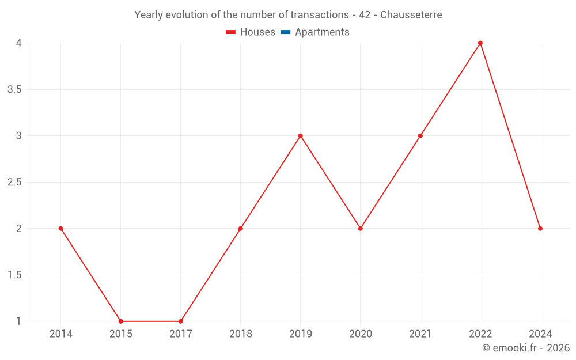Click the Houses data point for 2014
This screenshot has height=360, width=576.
(x=60, y=229)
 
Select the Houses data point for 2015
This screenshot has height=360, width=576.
(x=120, y=321)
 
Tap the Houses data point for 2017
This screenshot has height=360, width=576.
(x=180, y=321)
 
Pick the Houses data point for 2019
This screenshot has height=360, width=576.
(x=300, y=136)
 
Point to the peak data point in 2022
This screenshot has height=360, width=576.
(x=480, y=43)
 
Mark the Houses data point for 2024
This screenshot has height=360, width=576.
(x=540, y=229)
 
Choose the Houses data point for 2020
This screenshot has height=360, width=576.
(x=360, y=229)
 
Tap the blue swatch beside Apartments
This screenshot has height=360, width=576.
(x=285, y=32)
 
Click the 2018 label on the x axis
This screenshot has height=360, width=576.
(x=240, y=334)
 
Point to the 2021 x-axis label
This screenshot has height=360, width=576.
(x=420, y=334)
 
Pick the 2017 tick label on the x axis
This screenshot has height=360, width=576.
(x=180, y=334)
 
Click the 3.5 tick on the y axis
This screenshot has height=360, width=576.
(x=15, y=90)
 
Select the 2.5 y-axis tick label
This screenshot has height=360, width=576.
(x=15, y=183)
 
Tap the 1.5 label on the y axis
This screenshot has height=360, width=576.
(x=15, y=275)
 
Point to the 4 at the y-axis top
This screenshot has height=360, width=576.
(x=19, y=43)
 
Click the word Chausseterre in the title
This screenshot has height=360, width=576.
(x=411, y=15)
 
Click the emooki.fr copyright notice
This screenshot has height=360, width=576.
(x=526, y=348)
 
